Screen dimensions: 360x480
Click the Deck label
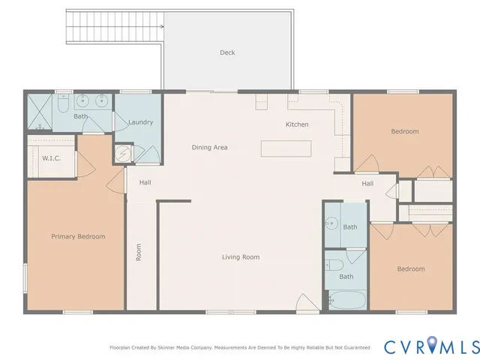(227, 52)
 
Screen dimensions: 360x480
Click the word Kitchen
(297, 124)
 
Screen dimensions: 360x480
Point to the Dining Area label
(209, 148)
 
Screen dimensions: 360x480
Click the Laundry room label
(141, 122)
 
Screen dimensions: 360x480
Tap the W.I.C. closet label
(51, 158)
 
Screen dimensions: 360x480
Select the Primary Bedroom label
(78, 236)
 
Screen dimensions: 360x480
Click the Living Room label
(241, 257)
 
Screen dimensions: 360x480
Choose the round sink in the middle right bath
(331, 224)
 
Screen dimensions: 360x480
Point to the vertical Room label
(139, 252)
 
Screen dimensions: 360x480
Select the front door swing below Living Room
(307, 304)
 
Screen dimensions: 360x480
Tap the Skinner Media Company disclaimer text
(240, 348)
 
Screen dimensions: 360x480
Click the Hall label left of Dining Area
(145, 181)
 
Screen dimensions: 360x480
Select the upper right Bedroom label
(405, 131)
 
